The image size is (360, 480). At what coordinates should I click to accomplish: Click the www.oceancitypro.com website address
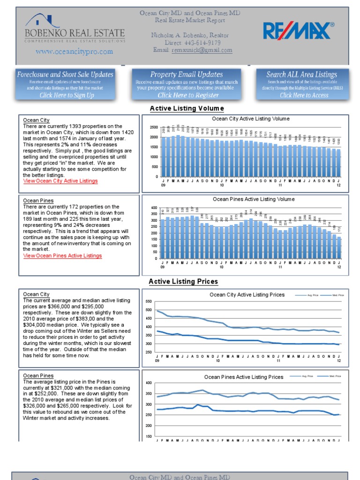coord(74,52)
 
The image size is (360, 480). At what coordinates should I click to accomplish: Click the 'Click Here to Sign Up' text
coord(67,95)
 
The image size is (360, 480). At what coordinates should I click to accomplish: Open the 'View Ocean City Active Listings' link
coord(60,181)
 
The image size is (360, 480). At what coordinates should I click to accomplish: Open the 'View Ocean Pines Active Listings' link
coord(62,256)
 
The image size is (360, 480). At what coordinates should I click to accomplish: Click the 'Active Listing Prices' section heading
coord(183,282)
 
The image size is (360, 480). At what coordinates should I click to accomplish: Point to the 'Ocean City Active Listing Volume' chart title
coord(251,119)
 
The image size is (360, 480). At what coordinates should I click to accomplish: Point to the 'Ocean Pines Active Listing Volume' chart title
coord(254,199)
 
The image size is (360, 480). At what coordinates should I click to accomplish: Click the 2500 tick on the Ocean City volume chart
coord(154,127)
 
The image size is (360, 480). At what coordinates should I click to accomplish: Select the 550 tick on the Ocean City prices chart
coord(149,301)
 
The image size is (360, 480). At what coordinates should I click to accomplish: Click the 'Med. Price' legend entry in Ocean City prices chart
coord(338,295)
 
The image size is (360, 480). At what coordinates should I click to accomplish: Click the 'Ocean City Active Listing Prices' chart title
coord(247,295)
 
